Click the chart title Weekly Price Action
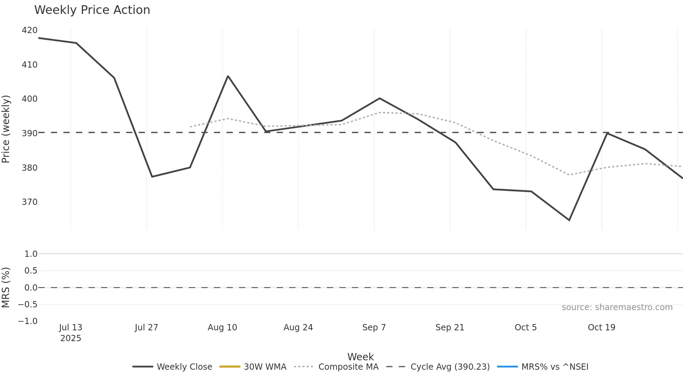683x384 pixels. tap(92, 10)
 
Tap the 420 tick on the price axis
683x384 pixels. tap(30, 30)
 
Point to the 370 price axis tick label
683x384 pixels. tap(30, 202)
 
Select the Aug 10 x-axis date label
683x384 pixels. tap(222, 328)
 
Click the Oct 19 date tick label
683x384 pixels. tap(601, 328)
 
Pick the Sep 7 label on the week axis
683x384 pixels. tap(374, 328)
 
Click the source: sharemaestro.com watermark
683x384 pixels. tap(617, 307)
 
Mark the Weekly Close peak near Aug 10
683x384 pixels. tap(228, 76)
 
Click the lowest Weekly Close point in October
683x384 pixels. tap(569, 220)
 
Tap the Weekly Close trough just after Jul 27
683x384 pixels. tap(152, 177)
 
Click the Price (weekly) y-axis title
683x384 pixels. tap(6, 129)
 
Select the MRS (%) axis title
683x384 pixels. tap(6, 287)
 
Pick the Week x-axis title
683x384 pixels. tap(360, 357)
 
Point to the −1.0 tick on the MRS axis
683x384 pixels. tap(28, 321)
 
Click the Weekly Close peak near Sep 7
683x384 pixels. tap(379, 98)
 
